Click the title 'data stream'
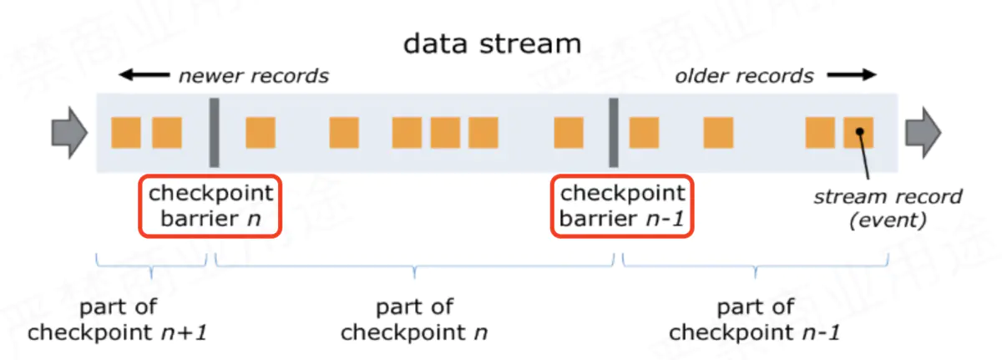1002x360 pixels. [492, 43]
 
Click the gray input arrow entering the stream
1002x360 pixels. [69, 132]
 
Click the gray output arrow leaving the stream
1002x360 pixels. [924, 132]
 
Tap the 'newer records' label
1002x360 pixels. [253, 76]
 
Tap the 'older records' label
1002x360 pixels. [744, 76]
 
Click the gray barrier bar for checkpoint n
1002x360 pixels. [214, 132]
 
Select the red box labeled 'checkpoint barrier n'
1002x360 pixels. [210, 205]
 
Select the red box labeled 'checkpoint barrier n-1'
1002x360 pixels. [622, 205]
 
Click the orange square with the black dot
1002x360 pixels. [858, 132]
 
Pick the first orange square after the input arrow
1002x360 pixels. [126, 132]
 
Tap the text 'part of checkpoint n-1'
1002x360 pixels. [755, 320]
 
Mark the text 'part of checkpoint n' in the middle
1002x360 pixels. [414, 320]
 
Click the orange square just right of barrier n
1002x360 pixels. [260, 132]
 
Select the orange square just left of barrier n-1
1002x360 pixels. [569, 132]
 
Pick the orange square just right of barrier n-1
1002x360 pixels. [644, 132]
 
